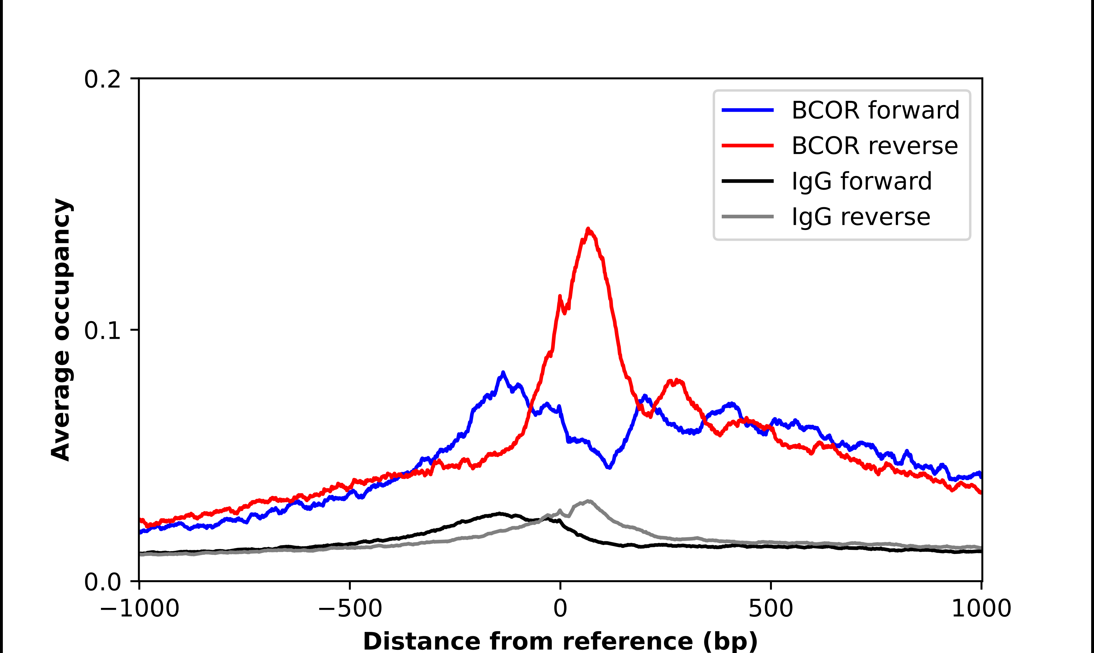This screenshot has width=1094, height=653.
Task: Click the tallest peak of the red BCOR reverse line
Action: click(x=588, y=229)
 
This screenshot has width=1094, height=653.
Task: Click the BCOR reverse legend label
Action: click(x=874, y=146)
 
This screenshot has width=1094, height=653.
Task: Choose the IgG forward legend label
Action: click(x=861, y=181)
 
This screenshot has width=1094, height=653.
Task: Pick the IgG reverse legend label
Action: click(x=861, y=217)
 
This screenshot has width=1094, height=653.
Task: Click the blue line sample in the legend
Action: click(x=747, y=110)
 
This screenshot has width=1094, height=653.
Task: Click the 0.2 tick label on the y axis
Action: click(x=102, y=79)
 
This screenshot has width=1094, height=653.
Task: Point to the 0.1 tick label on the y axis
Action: click(x=102, y=331)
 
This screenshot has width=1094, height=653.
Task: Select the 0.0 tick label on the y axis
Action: click(x=102, y=582)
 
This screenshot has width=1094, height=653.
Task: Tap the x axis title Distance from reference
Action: click(x=560, y=641)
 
